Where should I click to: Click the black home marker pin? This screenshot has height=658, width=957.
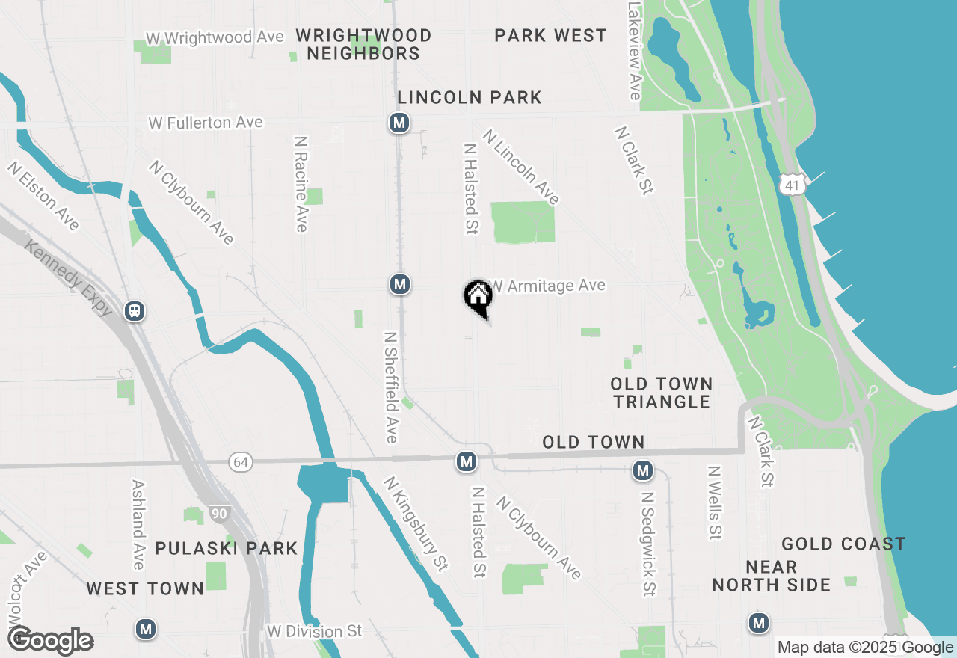pyautogui.click(x=478, y=297)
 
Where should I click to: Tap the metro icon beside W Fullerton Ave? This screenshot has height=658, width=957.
pyautogui.click(x=399, y=123)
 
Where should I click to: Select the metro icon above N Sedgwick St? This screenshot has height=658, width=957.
pyautogui.click(x=642, y=470)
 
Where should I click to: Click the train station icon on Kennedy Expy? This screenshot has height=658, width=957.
pyautogui.click(x=135, y=310)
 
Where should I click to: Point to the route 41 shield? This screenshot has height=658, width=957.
pyautogui.click(x=792, y=183)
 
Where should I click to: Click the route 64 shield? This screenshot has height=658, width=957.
pyautogui.click(x=240, y=463)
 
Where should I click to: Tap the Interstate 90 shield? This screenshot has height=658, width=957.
pyautogui.click(x=219, y=514)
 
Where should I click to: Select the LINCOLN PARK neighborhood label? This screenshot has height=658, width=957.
pyautogui.click(x=470, y=97)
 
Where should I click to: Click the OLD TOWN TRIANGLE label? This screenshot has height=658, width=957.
pyautogui.click(x=661, y=393)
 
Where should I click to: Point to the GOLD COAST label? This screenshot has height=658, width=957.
pyautogui.click(x=843, y=544)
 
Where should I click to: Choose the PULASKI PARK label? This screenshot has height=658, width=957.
pyautogui.click(x=227, y=548)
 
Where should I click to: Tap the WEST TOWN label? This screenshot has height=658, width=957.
pyautogui.click(x=145, y=588)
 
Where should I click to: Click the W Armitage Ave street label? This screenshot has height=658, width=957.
pyautogui.click(x=547, y=286)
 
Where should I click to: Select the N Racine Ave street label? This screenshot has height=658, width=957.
pyautogui.click(x=301, y=183)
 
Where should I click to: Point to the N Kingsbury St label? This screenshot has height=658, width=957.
pyautogui.click(x=416, y=524)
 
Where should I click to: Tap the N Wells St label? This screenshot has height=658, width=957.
pyautogui.click(x=715, y=502)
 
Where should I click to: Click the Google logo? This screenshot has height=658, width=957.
pyautogui.click(x=51, y=640)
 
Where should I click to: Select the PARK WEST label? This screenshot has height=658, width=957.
pyautogui.click(x=550, y=35)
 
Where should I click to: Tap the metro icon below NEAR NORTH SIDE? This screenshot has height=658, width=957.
pyautogui.click(x=759, y=622)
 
